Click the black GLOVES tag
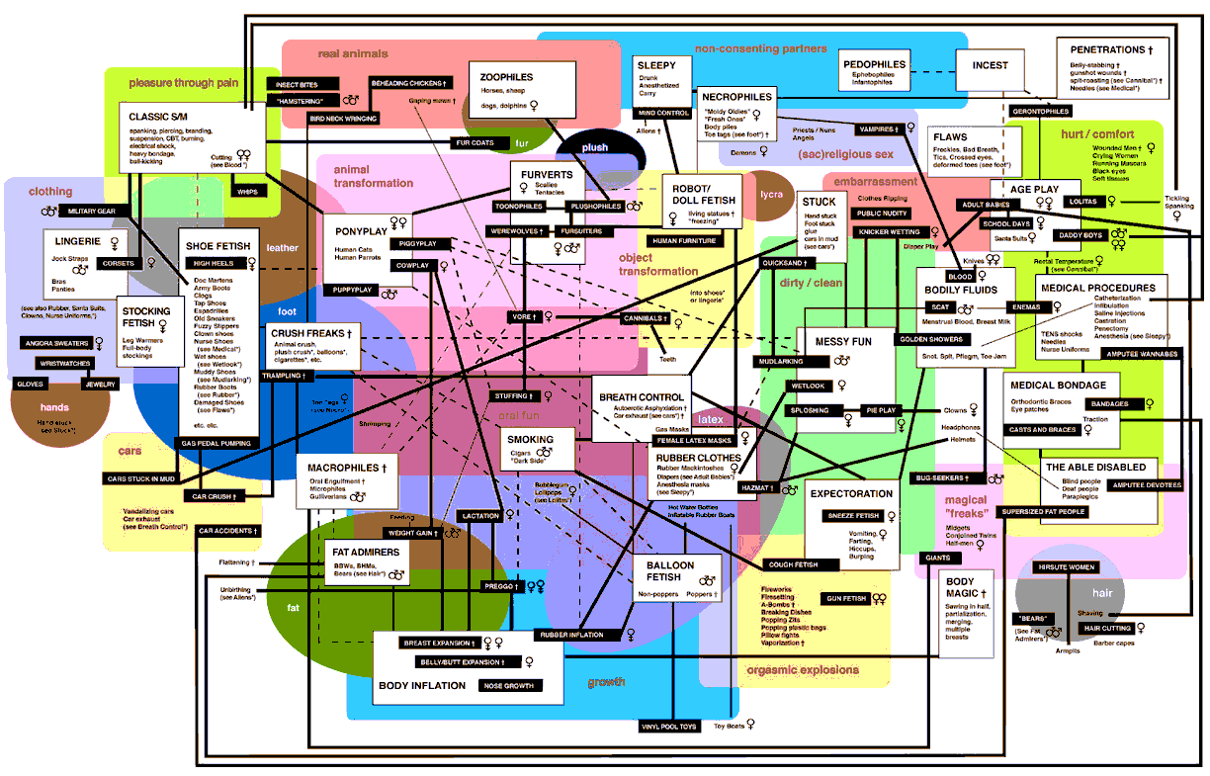(31, 383)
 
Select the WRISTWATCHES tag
(58, 364)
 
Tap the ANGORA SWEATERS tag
(56, 343)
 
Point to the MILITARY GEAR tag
(92, 211)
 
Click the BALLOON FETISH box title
(670, 571)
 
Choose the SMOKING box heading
(530, 440)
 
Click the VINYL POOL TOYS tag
(669, 727)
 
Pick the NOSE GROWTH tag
(509, 685)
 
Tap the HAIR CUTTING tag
(1107, 628)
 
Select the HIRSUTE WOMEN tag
(1066, 567)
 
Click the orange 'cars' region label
(130, 451)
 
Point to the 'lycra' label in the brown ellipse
(771, 194)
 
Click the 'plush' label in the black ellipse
(595, 147)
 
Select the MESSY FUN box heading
(842, 341)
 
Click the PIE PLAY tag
(881, 408)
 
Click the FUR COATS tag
(475, 142)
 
